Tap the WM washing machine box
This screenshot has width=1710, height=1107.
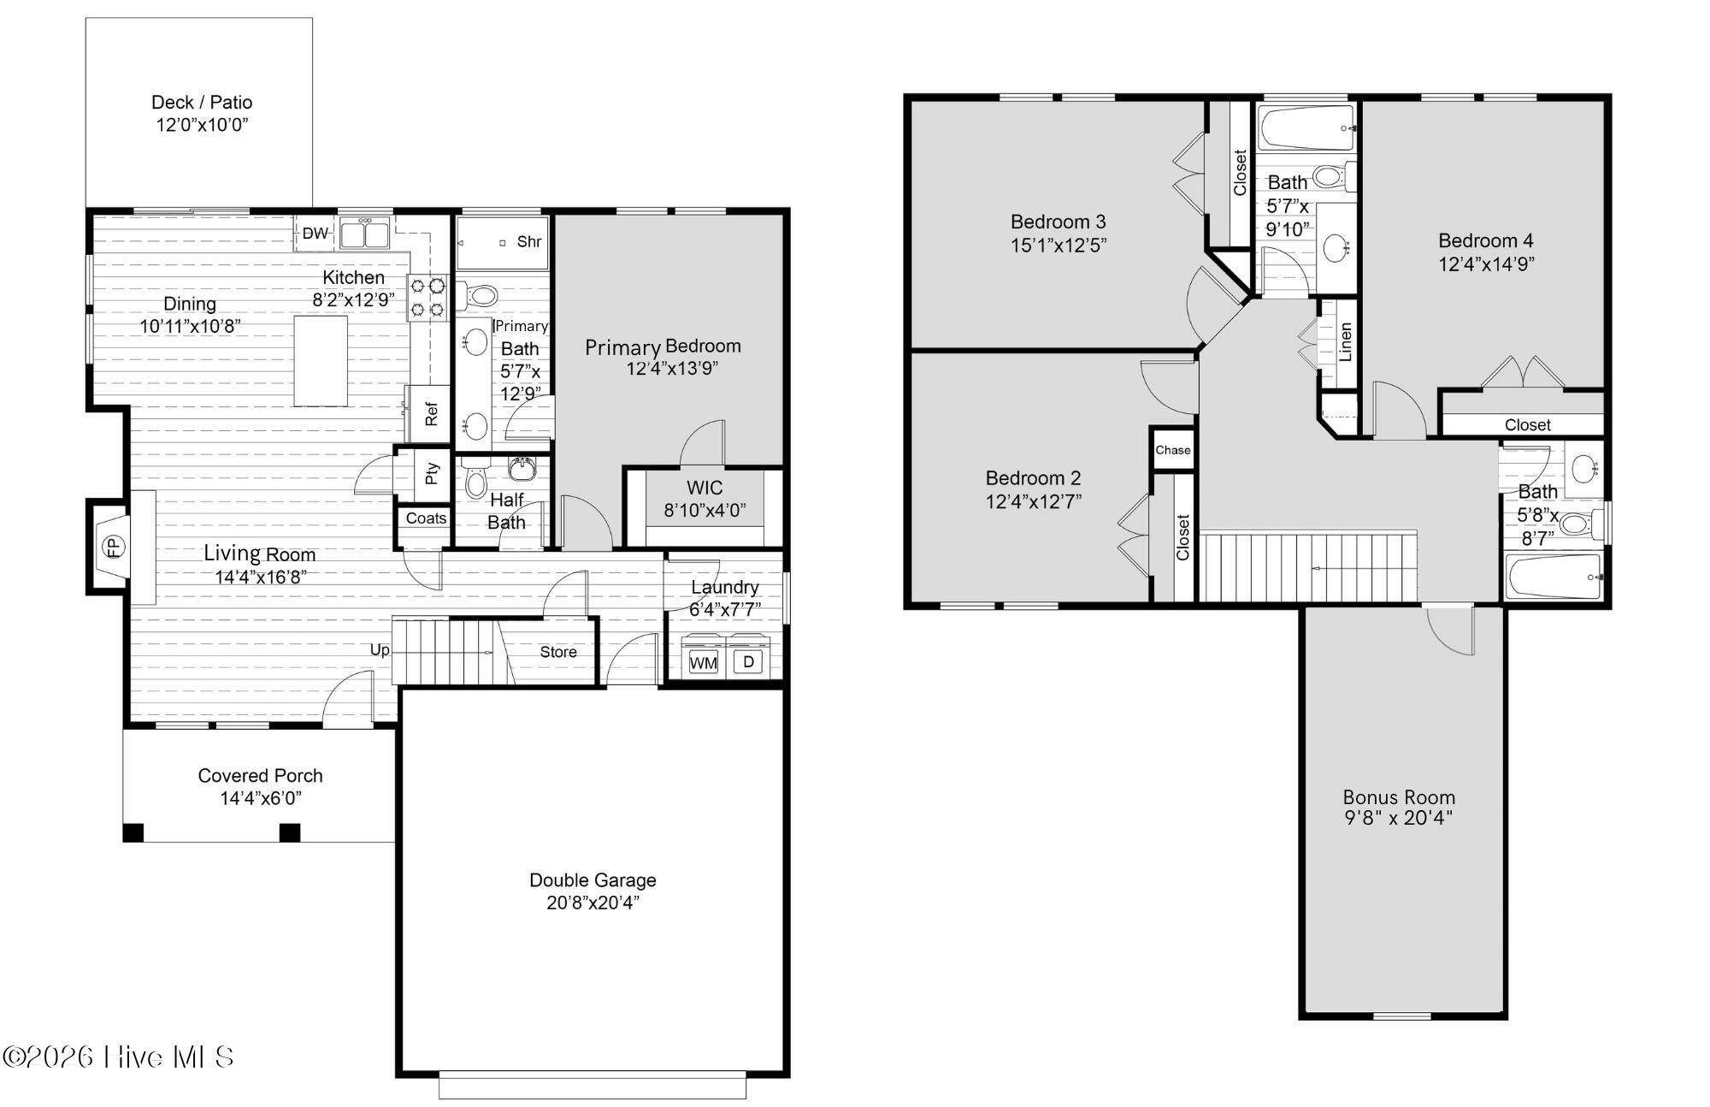point(703,663)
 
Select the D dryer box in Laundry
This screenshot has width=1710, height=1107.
point(748,661)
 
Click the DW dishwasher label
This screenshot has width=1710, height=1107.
point(315,233)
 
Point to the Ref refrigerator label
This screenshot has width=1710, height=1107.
point(431,414)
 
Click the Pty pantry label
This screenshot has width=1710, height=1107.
point(432,472)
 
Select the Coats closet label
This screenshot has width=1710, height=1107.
point(426,518)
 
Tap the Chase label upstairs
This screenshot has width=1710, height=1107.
point(1172,450)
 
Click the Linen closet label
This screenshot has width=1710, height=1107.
point(1345,341)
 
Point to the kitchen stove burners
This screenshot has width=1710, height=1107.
point(427,297)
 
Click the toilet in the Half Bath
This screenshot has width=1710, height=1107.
point(475,481)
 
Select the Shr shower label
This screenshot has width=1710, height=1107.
point(529,241)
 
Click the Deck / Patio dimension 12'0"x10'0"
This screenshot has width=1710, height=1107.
point(202,125)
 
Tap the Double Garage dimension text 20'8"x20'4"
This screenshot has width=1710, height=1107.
point(593,903)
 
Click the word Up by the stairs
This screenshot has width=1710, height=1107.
point(380,649)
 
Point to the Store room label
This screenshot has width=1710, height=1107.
point(557,652)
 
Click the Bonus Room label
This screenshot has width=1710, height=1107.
point(1399,797)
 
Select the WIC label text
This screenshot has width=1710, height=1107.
point(705,488)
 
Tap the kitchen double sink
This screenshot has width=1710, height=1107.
point(364,233)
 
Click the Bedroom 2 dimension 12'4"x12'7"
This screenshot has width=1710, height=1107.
point(1033,501)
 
